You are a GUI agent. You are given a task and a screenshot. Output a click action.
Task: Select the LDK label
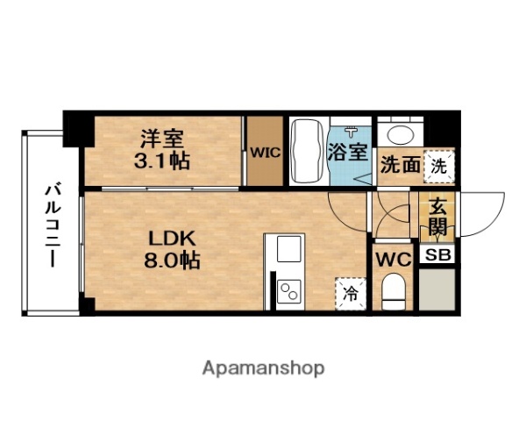[x=173, y=238]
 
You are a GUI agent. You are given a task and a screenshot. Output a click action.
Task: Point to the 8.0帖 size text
[x=173, y=260]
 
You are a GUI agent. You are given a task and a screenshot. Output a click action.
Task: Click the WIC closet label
[x=264, y=152]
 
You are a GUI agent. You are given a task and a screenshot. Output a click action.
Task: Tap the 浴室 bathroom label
[x=348, y=152]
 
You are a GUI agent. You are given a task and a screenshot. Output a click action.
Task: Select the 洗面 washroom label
[x=400, y=165]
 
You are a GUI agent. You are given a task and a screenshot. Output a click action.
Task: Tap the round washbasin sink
[x=402, y=134]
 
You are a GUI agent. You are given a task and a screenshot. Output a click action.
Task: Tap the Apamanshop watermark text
[x=262, y=367]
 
